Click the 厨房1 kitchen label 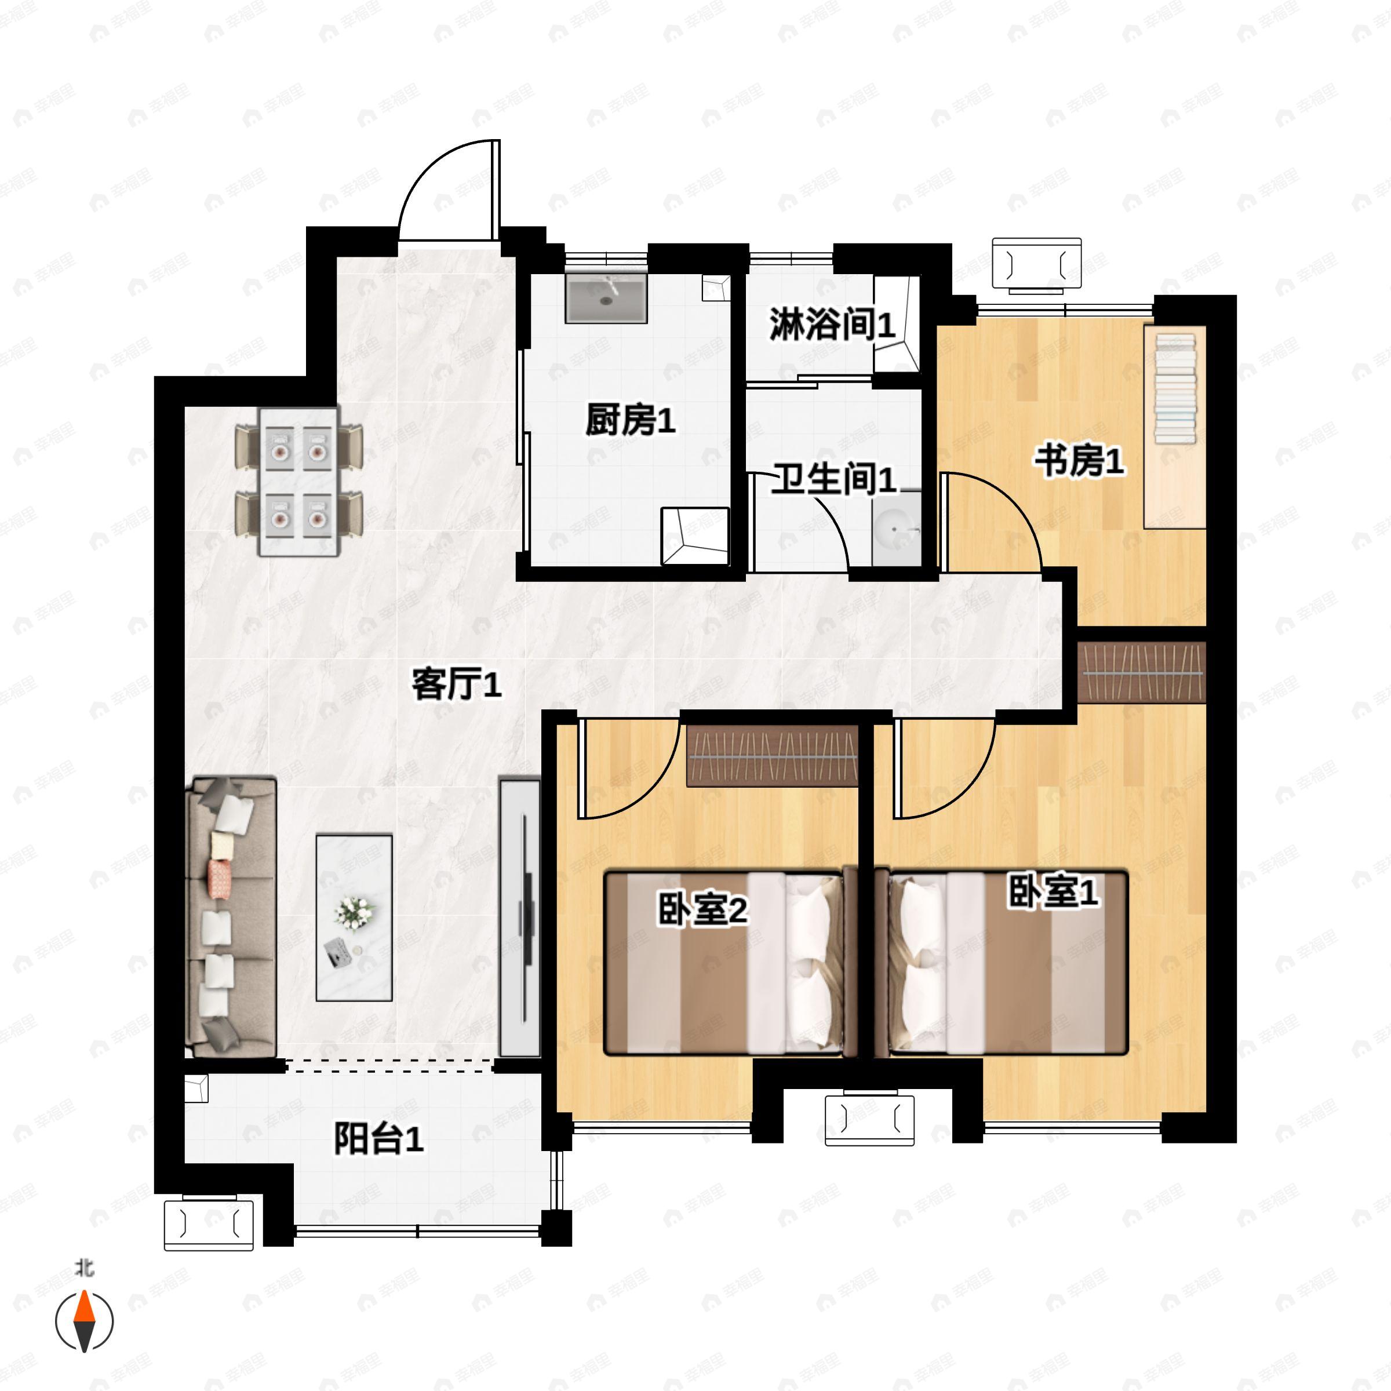(630, 420)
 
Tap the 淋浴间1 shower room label (832, 324)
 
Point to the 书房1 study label (1079, 461)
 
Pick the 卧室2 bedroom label (702, 911)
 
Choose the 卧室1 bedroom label (1053, 893)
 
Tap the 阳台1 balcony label (378, 1139)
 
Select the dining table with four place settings (299, 481)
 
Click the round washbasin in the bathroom (897, 529)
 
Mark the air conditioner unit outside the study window (1036, 265)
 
